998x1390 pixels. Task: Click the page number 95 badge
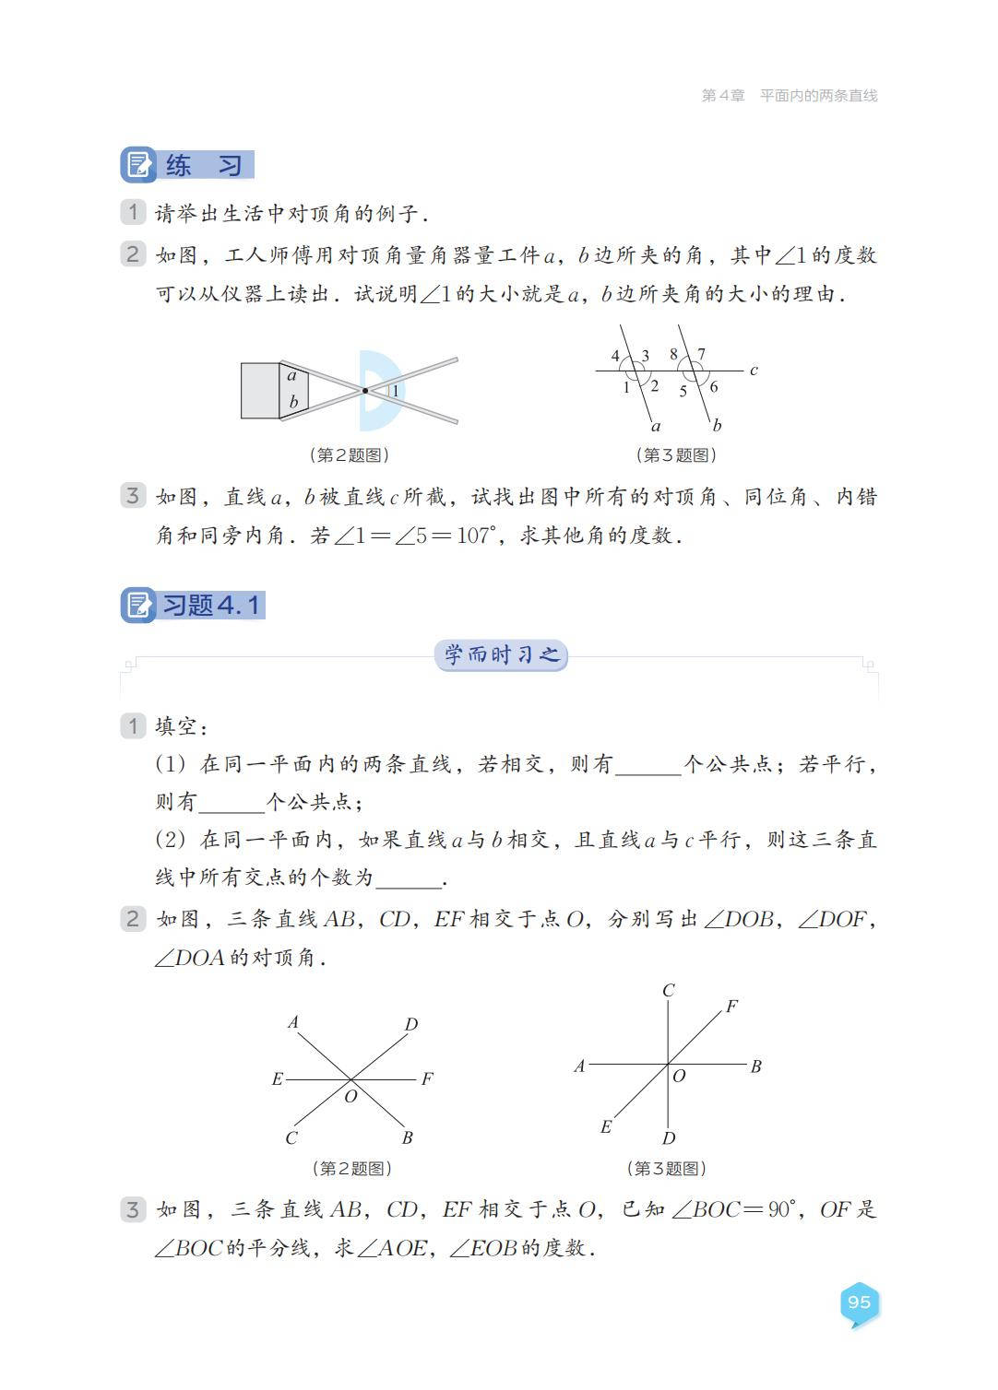[x=859, y=1302]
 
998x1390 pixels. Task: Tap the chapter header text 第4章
[x=722, y=96]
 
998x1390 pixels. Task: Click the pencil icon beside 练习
[x=138, y=165]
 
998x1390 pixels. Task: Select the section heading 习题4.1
[x=211, y=606]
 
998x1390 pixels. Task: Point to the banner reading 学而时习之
[x=501, y=655]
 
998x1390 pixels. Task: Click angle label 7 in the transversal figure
[x=702, y=354]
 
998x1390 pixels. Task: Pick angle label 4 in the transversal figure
[x=616, y=356]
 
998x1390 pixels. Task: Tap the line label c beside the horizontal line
[x=754, y=371]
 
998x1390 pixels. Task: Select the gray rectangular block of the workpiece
[x=260, y=390]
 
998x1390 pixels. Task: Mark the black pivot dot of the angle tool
[x=365, y=391]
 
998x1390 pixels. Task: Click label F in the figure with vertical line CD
[x=731, y=1007]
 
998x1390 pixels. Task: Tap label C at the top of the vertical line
[x=669, y=991]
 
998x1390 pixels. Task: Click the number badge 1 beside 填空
[x=133, y=726]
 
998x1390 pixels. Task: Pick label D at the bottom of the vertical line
[x=669, y=1138]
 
